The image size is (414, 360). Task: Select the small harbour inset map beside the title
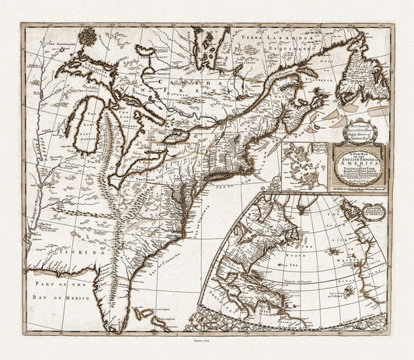click(x=305, y=166)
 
